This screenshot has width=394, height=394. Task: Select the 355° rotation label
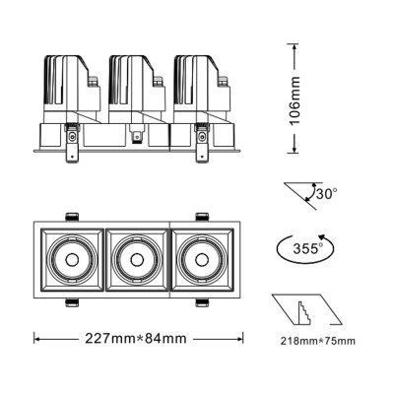(312, 248)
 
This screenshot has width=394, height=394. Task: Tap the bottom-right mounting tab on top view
(200, 301)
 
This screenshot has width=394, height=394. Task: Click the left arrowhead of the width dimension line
(36, 339)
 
